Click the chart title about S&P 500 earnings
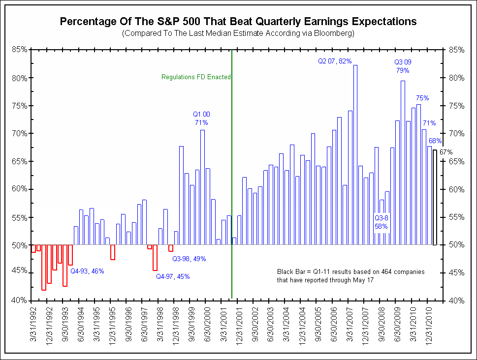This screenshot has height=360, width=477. pos(238,22)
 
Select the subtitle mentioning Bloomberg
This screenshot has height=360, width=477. pos(238,33)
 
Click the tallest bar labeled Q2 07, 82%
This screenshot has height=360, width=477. pos(355,155)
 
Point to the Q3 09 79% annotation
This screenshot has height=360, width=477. pos(403,66)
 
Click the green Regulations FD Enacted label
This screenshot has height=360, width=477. pos(196,77)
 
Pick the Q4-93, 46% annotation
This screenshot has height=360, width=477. pos(87,270)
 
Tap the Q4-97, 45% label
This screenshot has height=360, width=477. pos(173,276)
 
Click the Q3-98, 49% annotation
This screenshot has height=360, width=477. pos(189,259)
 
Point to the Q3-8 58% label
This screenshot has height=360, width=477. pos(382,222)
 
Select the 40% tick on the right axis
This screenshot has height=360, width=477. pos(456,300)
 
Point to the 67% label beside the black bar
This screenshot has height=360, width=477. pos(445,152)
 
